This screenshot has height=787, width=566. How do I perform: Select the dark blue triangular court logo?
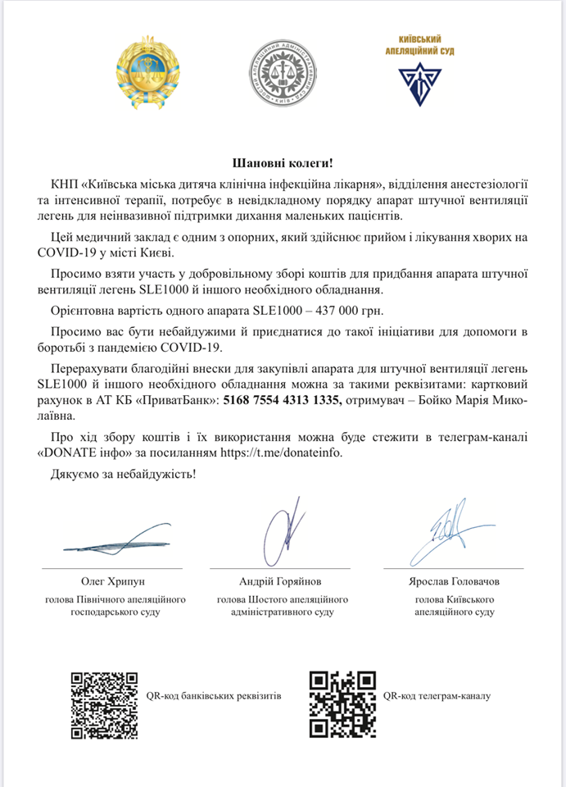419,83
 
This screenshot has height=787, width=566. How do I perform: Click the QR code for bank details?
104,704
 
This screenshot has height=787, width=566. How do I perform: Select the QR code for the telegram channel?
342,704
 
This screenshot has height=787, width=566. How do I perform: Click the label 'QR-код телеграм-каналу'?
436,696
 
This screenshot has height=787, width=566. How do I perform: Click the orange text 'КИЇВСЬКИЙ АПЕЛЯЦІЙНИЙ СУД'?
419,45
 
